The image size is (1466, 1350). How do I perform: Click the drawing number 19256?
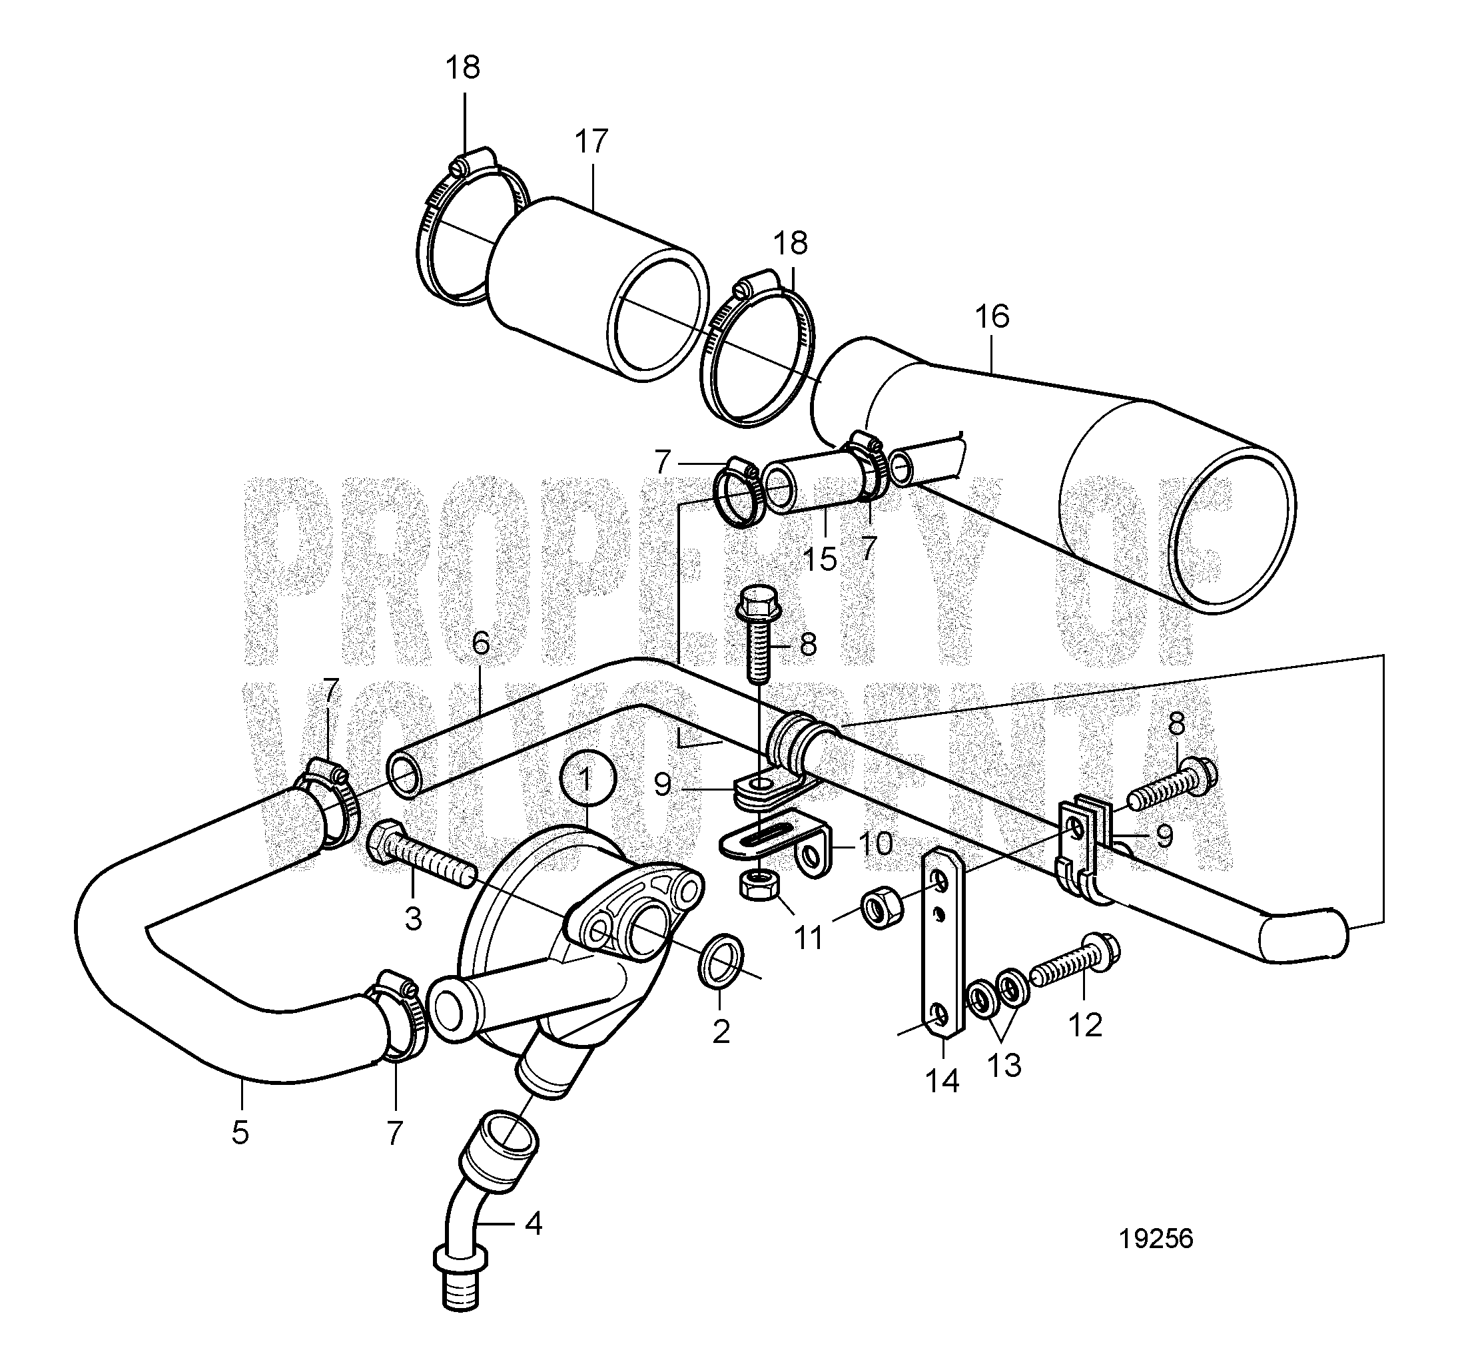[1156, 1239]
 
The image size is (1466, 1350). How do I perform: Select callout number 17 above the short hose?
[591, 141]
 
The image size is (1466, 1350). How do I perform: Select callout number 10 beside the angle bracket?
[875, 844]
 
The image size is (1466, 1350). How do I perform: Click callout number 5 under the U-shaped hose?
[240, 1132]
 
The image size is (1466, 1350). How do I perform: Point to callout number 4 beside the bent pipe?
[534, 1223]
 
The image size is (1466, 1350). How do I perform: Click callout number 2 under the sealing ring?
[721, 1032]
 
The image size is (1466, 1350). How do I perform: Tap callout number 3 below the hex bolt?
[414, 919]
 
